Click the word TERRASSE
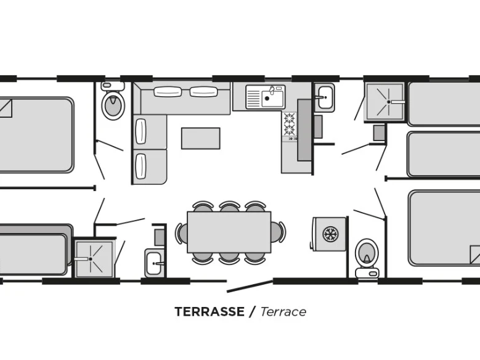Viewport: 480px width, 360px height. (209, 311)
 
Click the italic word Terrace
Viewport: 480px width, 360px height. (283, 311)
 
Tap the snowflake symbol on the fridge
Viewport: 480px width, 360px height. (330, 234)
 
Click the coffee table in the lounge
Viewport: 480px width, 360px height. (200, 138)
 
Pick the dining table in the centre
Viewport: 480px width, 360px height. (229, 232)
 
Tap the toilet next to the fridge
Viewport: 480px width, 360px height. (367, 258)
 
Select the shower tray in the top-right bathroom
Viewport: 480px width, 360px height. (384, 102)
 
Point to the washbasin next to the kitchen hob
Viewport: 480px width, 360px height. (325, 97)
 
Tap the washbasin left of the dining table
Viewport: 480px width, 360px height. (154, 263)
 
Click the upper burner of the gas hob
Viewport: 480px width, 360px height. (289, 118)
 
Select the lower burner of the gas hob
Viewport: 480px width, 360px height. (289, 129)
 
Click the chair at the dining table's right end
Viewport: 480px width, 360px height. (279, 232)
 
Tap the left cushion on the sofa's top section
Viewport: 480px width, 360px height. (168, 92)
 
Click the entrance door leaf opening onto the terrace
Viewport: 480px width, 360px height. (250, 286)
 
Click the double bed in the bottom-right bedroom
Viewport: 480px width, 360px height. (444, 228)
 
